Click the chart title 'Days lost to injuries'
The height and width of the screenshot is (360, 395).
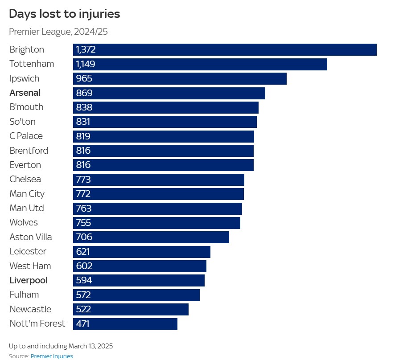click(x=65, y=14)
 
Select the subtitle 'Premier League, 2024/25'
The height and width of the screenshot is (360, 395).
click(x=58, y=32)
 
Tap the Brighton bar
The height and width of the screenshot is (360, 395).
click(x=225, y=49)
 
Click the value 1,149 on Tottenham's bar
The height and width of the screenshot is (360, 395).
click(x=86, y=64)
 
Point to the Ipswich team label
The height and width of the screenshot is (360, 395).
click(x=25, y=78)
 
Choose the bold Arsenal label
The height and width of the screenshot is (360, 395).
click(x=25, y=93)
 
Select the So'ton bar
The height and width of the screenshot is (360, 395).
click(x=165, y=122)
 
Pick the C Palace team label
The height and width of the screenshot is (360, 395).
click(x=26, y=136)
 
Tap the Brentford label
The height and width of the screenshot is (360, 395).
click(x=29, y=151)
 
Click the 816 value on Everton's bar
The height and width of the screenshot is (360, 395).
click(x=83, y=165)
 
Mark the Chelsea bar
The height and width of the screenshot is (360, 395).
click(x=159, y=180)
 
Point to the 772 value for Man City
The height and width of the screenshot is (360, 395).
click(x=83, y=194)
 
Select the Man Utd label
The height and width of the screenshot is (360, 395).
click(x=27, y=208)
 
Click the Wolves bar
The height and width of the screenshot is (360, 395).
click(x=156, y=223)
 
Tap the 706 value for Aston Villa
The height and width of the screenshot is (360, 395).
click(x=84, y=237)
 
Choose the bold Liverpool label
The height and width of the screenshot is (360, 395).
click(x=29, y=280)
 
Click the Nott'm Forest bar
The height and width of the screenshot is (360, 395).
click(x=125, y=324)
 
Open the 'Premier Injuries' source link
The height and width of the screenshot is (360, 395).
click(x=52, y=356)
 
